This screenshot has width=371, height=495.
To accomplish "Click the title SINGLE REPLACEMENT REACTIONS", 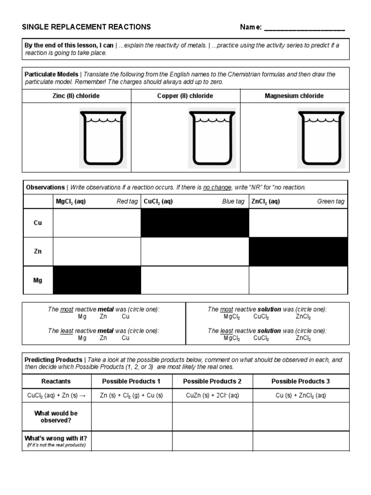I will [86, 27].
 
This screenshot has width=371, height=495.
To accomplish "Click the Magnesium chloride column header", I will [294, 96].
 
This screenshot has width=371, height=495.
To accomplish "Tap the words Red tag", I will [127, 202].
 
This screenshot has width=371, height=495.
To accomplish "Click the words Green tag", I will [331, 202].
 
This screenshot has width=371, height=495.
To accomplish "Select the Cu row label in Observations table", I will [38, 223].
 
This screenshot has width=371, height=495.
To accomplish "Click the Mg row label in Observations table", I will [38, 280].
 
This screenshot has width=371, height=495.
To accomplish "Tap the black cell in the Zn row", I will [298, 251].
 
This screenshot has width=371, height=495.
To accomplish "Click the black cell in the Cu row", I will [195, 223].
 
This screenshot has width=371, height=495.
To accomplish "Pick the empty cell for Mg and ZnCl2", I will [298, 280].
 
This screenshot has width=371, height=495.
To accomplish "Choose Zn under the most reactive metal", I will [103, 317].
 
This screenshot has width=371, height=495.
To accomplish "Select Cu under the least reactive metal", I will [126, 338].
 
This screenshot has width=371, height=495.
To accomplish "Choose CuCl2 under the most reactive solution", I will [261, 317].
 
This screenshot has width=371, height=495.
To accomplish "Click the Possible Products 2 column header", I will [212, 381].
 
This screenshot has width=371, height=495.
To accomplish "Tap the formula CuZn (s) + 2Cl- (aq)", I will [212, 395].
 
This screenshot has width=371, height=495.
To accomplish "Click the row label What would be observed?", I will [56, 417].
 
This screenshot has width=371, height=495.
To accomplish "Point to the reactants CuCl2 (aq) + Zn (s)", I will [56, 395].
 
